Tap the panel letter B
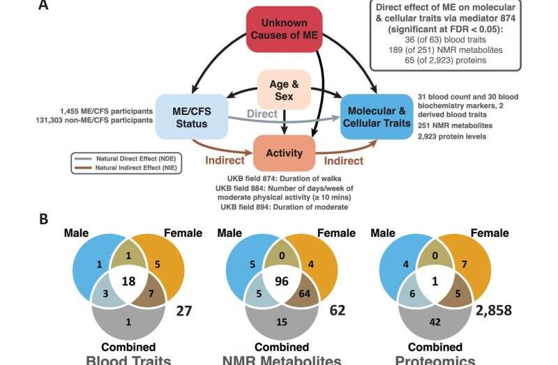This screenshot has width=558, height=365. (x=43, y=217)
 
